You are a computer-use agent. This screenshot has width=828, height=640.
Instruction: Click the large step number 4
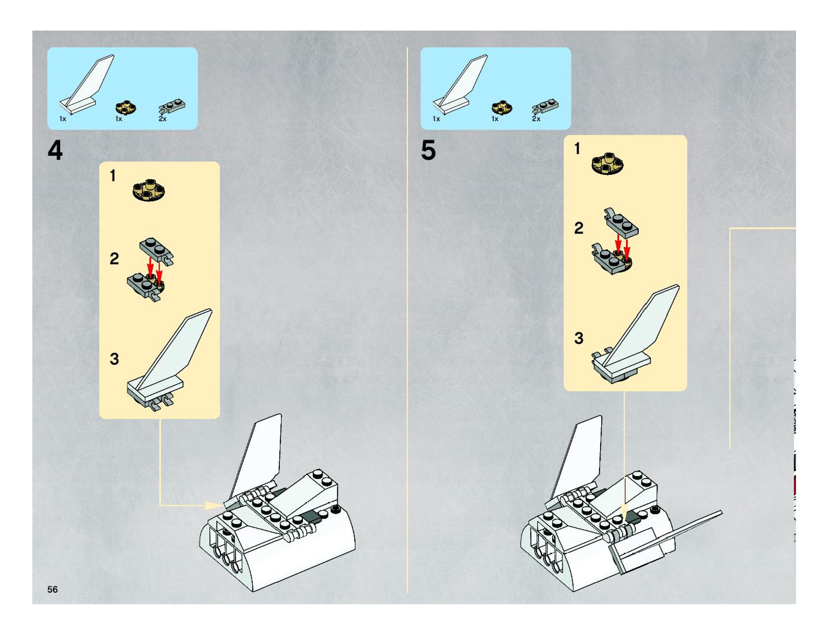coord(55,151)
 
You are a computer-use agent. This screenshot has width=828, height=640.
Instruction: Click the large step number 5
coord(428,151)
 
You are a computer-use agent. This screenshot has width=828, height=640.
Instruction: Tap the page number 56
coord(53,589)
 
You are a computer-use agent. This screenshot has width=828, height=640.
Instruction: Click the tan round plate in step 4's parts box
coord(126,108)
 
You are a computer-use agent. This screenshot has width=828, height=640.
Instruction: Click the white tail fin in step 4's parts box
coord(87,85)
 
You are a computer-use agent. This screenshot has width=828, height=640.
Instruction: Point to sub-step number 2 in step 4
coord(114,259)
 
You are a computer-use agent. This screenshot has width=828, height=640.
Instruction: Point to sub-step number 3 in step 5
coord(578,338)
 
